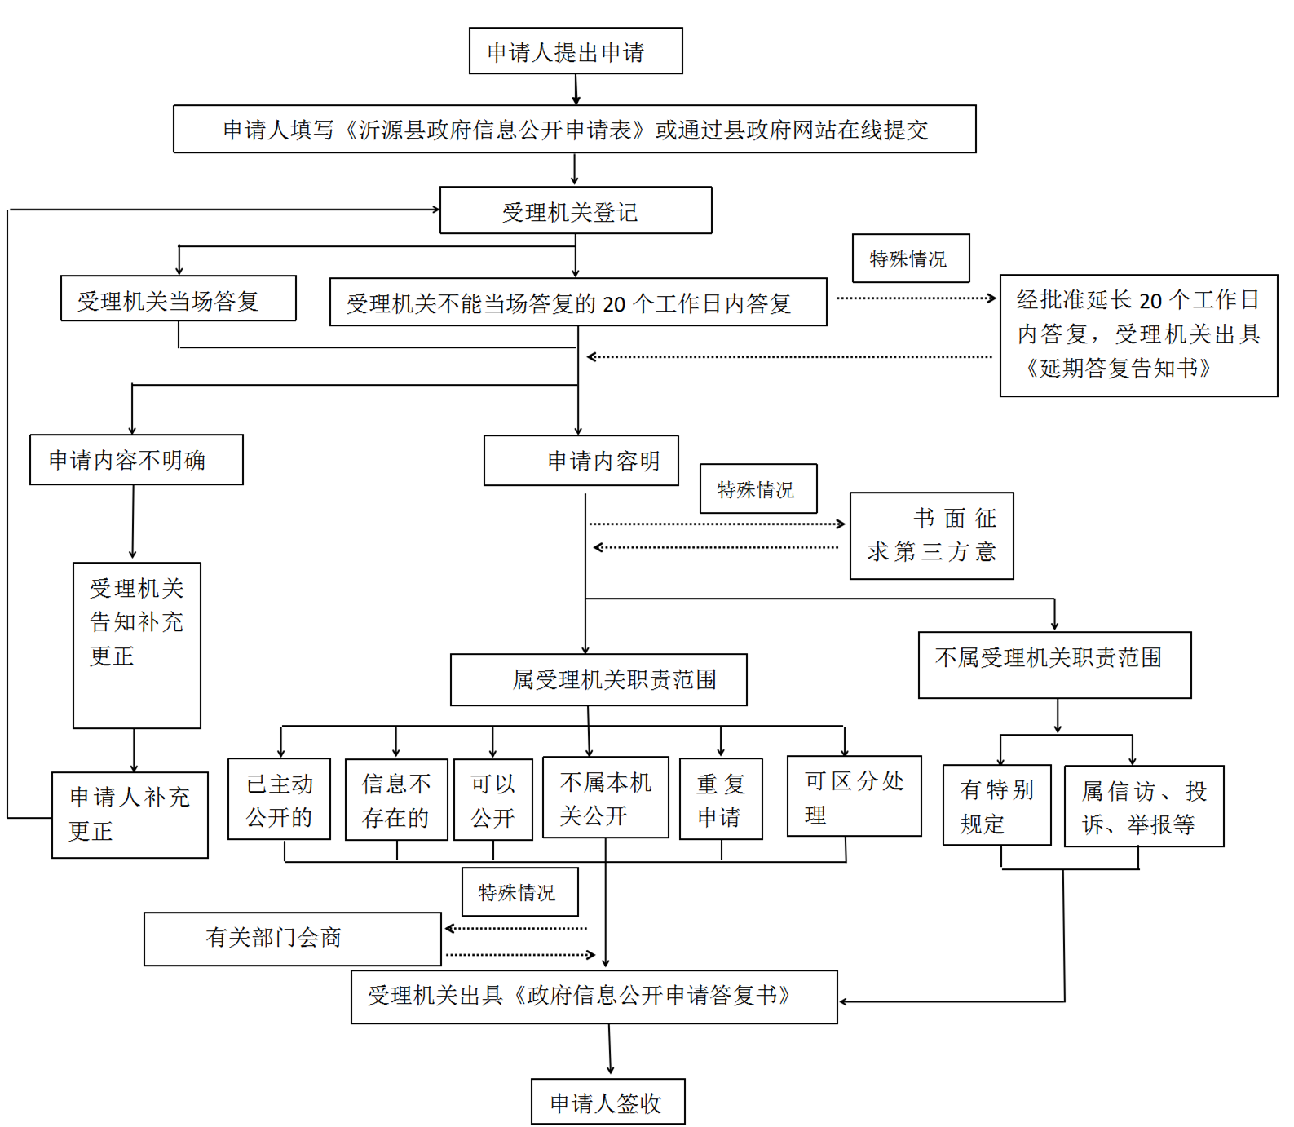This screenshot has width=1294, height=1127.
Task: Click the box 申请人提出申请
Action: point(575,51)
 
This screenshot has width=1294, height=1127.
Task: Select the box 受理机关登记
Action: point(575,210)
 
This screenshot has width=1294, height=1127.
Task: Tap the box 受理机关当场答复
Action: point(178,298)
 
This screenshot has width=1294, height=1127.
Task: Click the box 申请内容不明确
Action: point(136,460)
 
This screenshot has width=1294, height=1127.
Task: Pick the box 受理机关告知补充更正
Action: point(136,644)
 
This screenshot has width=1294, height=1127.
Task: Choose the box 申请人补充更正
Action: point(130,814)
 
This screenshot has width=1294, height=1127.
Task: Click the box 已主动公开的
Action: point(279,799)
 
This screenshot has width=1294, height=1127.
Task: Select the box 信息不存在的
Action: point(396,799)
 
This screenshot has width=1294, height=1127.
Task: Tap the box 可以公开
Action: point(492,799)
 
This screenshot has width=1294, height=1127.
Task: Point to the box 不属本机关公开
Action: point(605,798)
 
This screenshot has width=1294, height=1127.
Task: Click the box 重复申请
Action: point(721,799)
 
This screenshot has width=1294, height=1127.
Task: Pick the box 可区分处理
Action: point(854,796)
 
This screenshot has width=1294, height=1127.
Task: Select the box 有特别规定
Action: point(996,805)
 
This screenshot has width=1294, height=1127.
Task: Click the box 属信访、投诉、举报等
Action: point(1143,806)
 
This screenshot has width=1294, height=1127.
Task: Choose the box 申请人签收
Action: point(607,1102)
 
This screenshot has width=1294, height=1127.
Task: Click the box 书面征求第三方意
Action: point(931,536)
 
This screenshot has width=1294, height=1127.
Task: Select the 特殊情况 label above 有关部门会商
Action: point(519,892)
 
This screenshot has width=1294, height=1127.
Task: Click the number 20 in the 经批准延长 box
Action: point(1150,301)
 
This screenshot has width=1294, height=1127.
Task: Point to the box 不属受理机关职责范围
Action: point(1053,665)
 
